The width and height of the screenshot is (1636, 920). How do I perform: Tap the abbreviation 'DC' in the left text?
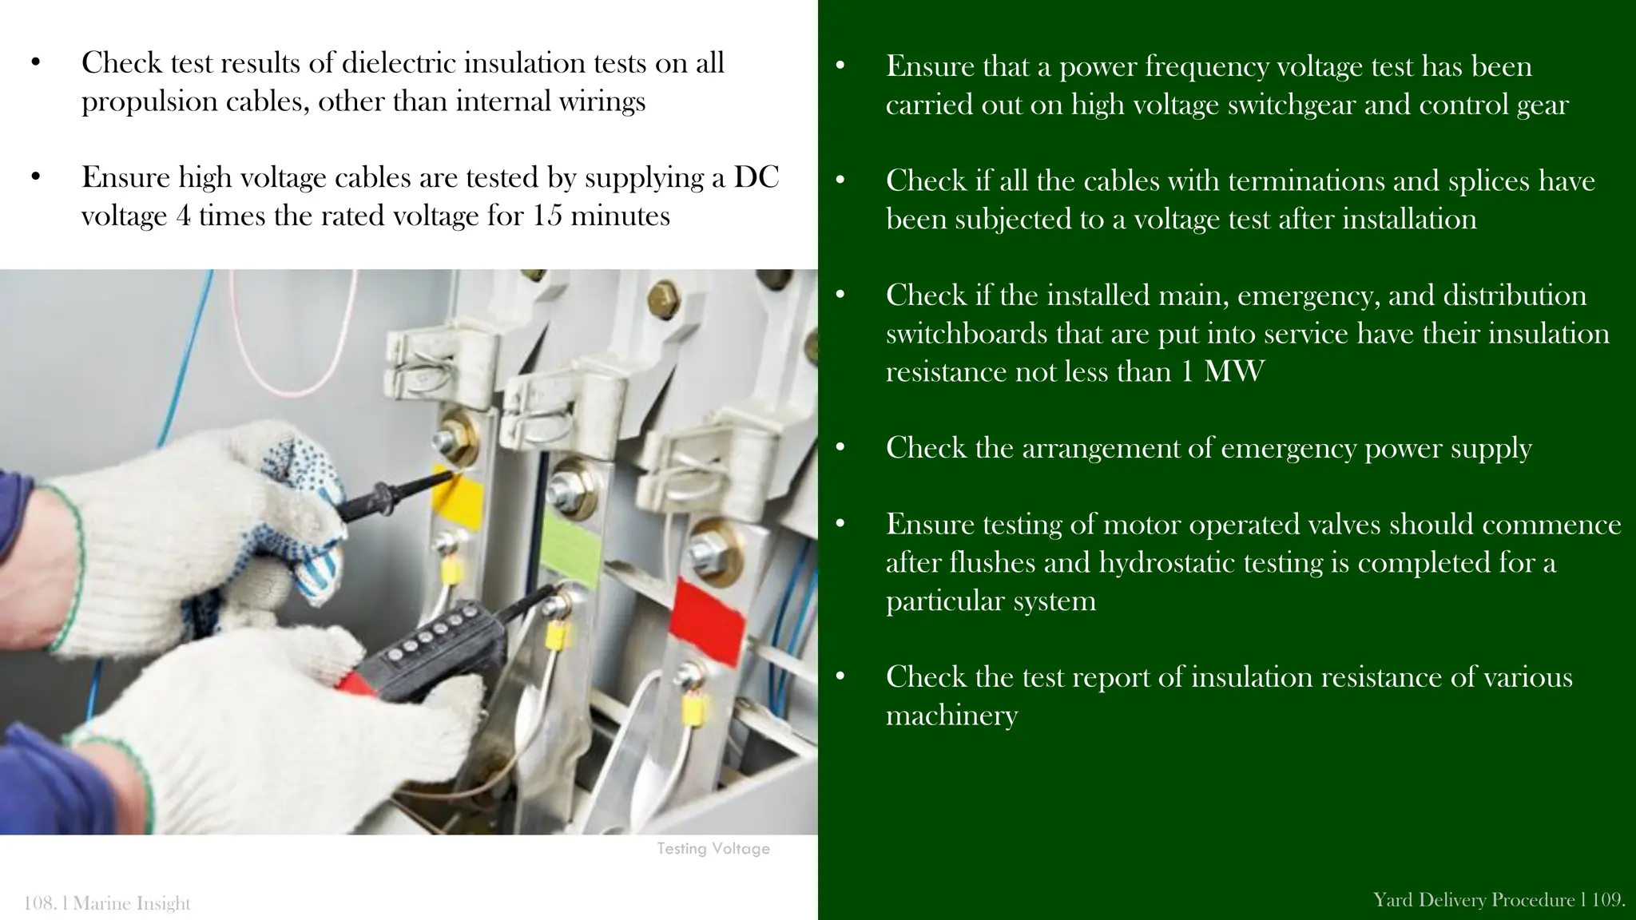point(756,177)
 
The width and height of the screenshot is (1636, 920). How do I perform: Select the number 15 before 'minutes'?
point(547,216)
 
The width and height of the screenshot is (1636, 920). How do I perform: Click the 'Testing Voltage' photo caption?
point(713,849)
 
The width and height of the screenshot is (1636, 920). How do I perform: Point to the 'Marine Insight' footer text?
point(132,903)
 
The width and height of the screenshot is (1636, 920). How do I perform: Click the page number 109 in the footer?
point(1607,900)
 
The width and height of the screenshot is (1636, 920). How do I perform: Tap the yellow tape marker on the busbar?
point(458,496)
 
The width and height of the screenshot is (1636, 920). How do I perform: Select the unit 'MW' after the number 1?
point(1234,372)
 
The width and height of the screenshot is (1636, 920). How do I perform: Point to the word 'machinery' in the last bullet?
point(951,716)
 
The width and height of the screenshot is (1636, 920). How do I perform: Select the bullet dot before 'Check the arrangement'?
point(840,448)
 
